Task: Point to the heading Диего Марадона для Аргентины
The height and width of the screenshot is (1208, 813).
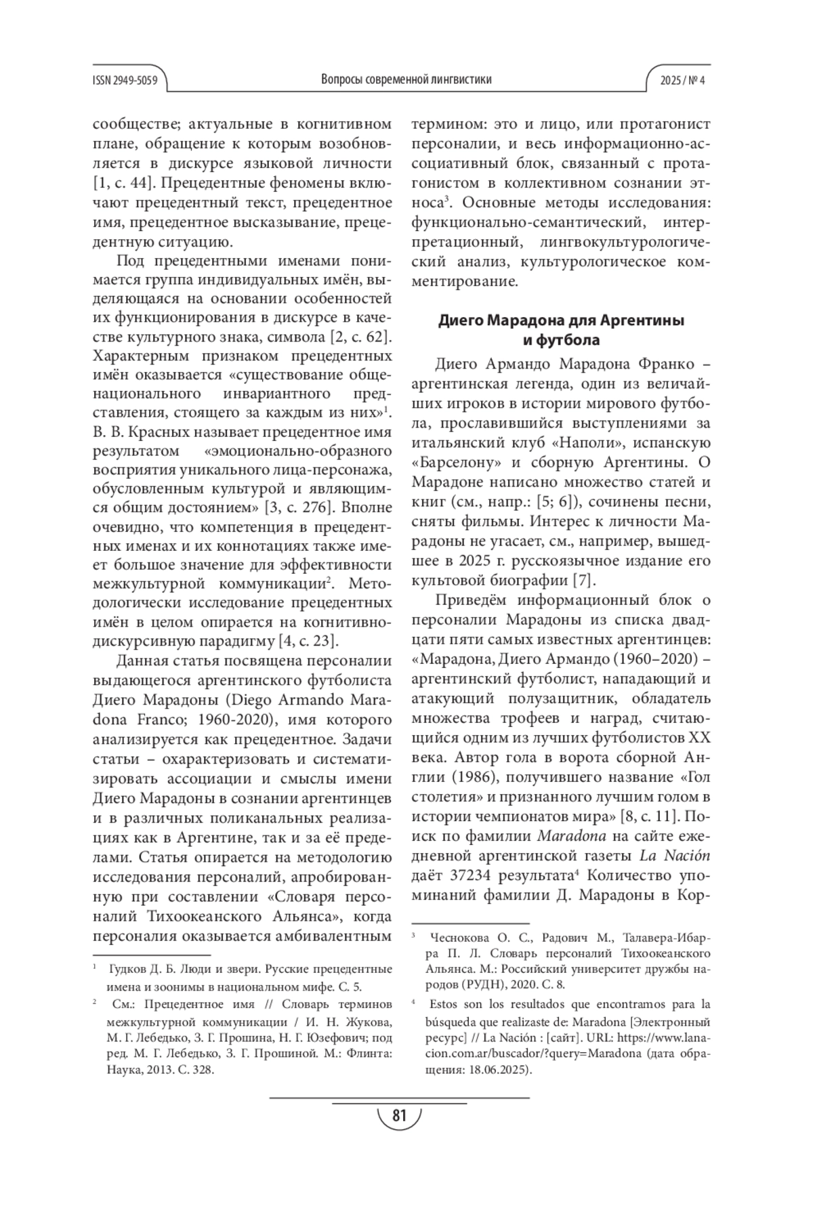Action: click(x=561, y=320)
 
